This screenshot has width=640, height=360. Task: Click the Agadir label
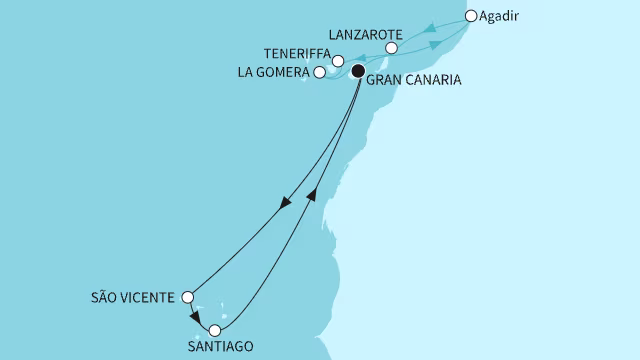502,17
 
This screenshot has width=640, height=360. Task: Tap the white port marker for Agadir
471,16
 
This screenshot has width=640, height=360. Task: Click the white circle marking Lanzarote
392,48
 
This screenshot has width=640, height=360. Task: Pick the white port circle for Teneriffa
338,61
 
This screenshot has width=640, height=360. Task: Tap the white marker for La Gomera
319,72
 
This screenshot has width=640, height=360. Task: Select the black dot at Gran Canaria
357,71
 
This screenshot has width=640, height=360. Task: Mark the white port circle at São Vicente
187,296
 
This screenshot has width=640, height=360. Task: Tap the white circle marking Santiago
214,329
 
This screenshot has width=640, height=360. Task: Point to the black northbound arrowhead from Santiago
313,194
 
